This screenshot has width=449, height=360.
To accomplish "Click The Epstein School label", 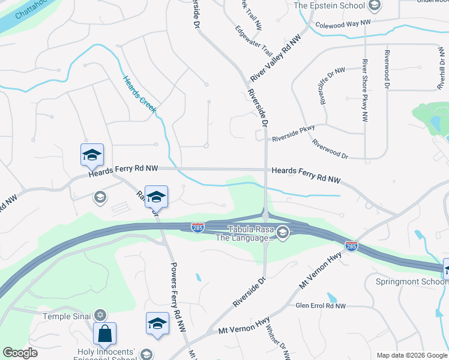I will point(330,5).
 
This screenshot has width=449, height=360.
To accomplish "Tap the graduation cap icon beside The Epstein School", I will point(375,6).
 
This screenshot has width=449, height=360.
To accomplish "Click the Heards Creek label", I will point(139,94).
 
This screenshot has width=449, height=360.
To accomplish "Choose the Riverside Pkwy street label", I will point(293,133).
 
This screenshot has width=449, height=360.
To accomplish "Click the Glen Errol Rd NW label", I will point(321,306).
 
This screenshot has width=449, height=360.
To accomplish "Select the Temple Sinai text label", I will point(66,316).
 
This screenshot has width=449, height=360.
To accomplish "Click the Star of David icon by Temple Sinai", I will point(100,315).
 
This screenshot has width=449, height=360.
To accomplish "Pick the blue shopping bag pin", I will point(104,334).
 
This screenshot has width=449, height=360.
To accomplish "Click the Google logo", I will point(20,353).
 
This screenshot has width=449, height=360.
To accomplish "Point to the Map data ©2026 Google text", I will point(411,355).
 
